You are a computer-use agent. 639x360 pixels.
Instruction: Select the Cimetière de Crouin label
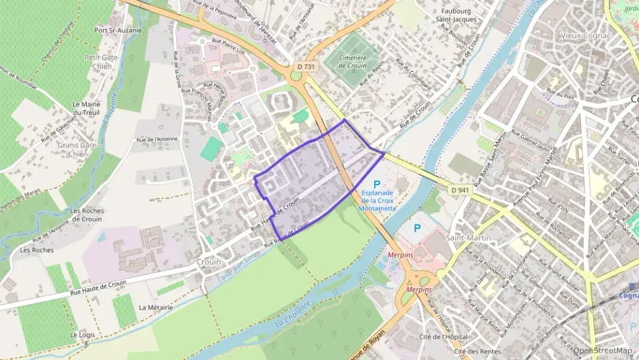pyautogui.click(x=353, y=63)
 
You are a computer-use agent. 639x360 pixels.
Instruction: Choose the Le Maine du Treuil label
pyautogui.click(x=87, y=108)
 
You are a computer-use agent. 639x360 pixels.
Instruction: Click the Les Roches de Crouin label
pyautogui.click(x=87, y=215)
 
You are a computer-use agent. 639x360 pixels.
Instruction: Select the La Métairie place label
pyautogui.click(x=156, y=307)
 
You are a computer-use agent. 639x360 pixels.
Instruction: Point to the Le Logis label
pyautogui.click(x=81, y=335)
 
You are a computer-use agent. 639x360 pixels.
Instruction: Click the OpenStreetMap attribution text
pyautogui.click(x=602, y=350)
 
